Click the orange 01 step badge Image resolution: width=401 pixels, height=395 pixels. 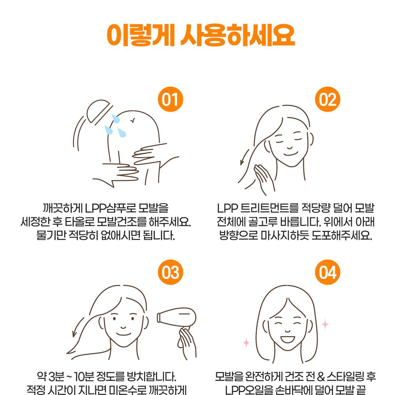[171, 99]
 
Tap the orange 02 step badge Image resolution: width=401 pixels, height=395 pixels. [328, 99]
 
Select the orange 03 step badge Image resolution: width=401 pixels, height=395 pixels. [171, 272]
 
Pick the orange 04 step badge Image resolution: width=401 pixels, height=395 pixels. [328, 272]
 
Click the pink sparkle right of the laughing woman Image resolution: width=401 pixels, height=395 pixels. [325, 324]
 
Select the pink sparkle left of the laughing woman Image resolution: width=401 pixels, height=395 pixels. [246, 342]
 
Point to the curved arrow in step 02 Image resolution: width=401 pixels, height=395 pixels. [244, 156]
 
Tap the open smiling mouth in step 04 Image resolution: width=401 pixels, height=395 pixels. [287, 339]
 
